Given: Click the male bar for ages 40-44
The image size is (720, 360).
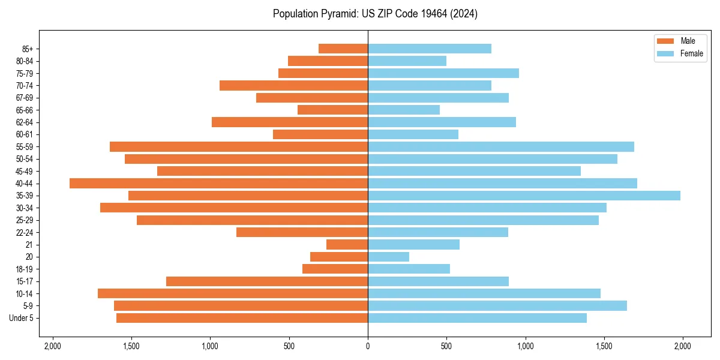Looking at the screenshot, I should tap(218, 183).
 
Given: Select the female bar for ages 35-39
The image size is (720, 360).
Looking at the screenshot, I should tap(524, 196).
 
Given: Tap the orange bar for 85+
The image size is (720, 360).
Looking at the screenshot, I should tap(343, 49).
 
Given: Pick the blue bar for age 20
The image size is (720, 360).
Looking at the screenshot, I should tap(388, 257).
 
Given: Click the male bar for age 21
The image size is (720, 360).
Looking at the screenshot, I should tap(347, 244).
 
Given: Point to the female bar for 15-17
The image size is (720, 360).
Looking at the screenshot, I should tap(438, 281).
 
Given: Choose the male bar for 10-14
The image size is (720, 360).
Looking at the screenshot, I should tap(233, 293).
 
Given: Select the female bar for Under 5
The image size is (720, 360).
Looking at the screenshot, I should tap(477, 318).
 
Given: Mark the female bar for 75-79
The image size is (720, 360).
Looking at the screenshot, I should tap(443, 73).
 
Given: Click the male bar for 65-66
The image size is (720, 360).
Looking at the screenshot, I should tap(332, 110).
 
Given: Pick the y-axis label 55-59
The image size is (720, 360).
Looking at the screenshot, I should tap(25, 146).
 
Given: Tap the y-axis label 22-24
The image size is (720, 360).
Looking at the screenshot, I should tap(25, 232).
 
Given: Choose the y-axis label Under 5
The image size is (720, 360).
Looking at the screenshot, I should tap(22, 318).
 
